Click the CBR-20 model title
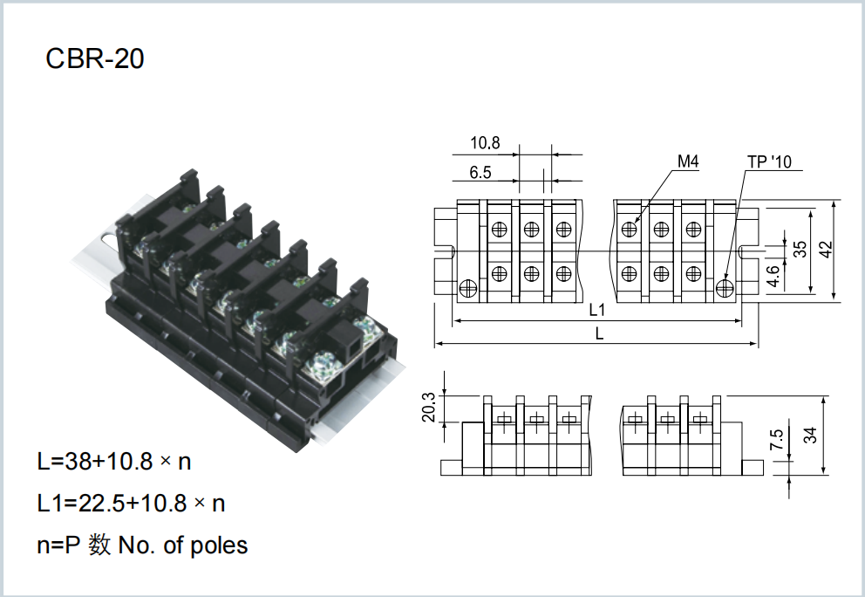click(95, 58)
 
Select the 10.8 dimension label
click(485, 143)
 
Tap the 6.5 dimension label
click(480, 172)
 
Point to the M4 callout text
click(688, 161)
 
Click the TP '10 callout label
click(769, 161)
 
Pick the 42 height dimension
click(826, 249)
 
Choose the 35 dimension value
click(800, 249)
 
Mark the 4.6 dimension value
click(773, 276)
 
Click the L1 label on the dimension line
click(597, 311)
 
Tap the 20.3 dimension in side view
click(429, 407)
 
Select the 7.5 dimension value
click(776, 439)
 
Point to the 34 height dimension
click(810, 436)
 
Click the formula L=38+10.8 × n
click(114, 461)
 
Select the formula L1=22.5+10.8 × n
click(132, 503)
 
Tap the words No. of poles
click(183, 546)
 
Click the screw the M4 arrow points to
click(629, 228)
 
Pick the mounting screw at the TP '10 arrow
click(725, 287)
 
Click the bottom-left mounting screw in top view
click(467, 287)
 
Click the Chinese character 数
click(99, 546)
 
